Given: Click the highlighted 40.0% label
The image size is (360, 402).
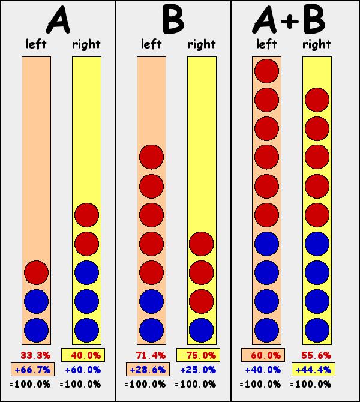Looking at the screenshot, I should coord(83,355).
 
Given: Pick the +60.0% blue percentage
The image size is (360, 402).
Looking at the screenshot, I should coord(83,369).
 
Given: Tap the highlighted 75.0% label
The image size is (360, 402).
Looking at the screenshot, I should coord(199,355).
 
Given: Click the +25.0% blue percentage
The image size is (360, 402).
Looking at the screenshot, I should coord(199,369).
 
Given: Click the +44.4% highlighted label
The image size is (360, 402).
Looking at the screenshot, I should coord(314,369).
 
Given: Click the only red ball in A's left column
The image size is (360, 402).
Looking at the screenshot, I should coord(36,272).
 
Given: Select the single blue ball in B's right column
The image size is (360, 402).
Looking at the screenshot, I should coord(202,329).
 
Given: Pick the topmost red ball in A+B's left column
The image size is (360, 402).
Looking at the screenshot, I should coord(266,71).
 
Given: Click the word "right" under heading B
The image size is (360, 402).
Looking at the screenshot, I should coord(202,44).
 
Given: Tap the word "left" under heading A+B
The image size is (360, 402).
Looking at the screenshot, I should coord(266,44).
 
